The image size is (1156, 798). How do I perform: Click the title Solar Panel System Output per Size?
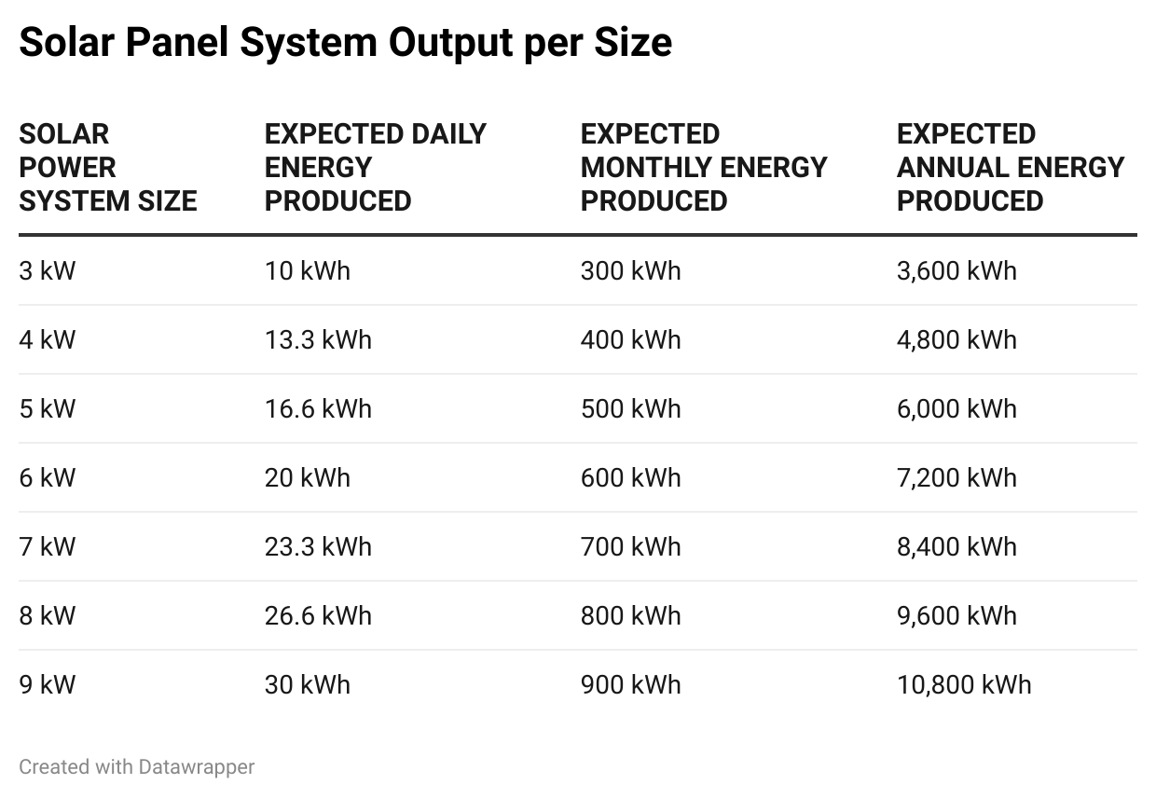point(345,43)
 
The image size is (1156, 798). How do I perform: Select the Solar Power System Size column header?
point(107,168)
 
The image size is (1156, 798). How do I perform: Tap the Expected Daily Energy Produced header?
point(375,168)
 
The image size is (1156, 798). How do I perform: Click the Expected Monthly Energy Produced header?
point(703,168)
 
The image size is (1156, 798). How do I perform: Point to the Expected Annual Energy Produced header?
point(1010,168)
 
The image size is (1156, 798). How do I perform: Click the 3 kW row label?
point(48,271)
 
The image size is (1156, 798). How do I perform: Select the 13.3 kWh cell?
point(318,340)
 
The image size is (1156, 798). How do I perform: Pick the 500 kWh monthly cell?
point(630,409)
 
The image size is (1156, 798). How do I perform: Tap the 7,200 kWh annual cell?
point(956,478)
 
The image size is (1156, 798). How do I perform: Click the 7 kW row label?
point(48,547)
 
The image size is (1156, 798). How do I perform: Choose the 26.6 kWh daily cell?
point(318,616)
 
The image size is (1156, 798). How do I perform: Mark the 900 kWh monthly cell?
point(630,685)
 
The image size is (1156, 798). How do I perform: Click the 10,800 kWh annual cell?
point(964,685)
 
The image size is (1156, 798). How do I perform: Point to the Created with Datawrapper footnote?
point(136,767)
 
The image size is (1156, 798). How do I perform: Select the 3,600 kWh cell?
point(956,271)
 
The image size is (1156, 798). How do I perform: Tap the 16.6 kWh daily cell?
point(318,409)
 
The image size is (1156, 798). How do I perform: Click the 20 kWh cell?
point(308,478)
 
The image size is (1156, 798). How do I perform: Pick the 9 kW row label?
point(48,685)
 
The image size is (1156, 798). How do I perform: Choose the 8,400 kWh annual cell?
point(956,547)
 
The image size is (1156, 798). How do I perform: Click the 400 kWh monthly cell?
point(630,340)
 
